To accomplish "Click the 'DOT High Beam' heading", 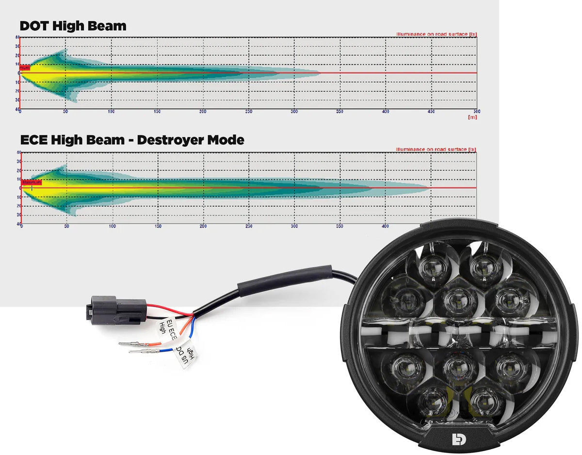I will pos(73,26).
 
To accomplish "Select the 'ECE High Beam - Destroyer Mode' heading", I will pos(132,140).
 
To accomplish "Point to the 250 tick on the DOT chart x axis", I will pos(248,112).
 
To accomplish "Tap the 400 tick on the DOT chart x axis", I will pos(386,112).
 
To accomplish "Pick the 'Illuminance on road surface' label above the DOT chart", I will pos(436,34).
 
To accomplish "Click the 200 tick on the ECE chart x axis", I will pos(203,227).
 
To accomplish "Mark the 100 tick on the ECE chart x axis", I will pos(112,227).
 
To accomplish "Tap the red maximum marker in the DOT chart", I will pos(25,68).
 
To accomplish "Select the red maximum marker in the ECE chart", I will pos(32,183).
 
